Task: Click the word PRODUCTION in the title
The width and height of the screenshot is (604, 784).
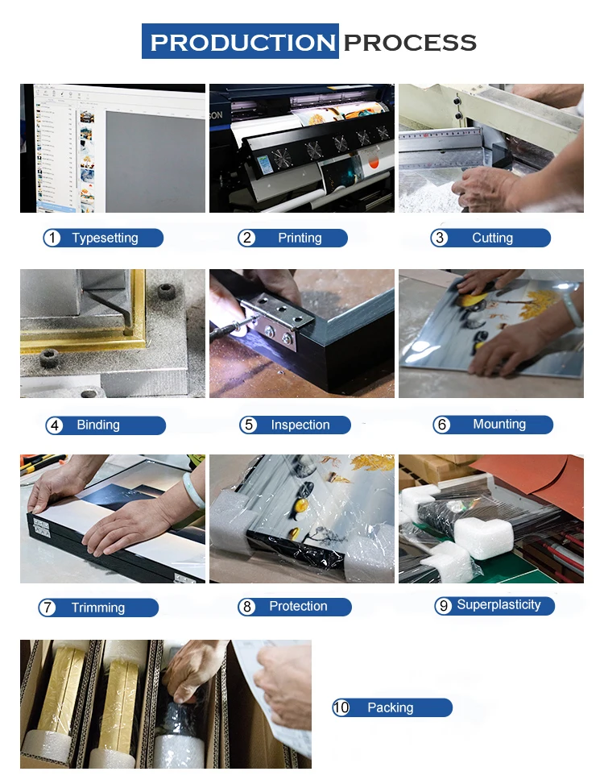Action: (242, 43)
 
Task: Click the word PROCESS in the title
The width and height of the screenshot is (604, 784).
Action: (410, 43)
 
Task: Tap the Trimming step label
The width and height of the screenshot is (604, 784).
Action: (98, 608)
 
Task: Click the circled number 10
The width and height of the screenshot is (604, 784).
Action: (341, 707)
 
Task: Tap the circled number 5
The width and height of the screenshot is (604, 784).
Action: (248, 425)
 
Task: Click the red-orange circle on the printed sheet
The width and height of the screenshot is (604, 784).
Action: (373, 163)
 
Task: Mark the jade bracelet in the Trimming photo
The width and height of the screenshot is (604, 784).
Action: (193, 490)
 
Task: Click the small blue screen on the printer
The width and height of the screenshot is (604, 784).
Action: (265, 164)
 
